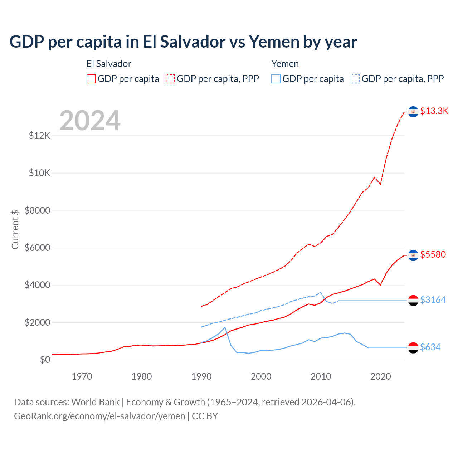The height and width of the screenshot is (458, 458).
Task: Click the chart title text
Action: pyautogui.click(x=183, y=42)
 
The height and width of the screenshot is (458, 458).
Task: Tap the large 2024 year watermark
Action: pyautogui.click(x=90, y=121)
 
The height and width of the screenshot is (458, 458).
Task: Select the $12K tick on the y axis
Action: pyautogui.click(x=40, y=136)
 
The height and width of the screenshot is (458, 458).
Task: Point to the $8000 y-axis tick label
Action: pyautogui.click(x=38, y=210)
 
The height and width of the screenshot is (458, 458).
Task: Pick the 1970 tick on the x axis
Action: pyautogui.click(x=82, y=376)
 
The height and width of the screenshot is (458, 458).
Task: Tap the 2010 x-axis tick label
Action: pyautogui.click(x=321, y=376)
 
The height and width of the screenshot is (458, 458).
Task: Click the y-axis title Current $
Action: pyautogui.click(x=15, y=229)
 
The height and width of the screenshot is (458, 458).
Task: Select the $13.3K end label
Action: pyautogui.click(x=434, y=111)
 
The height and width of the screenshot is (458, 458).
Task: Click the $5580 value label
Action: pyautogui.click(x=433, y=254)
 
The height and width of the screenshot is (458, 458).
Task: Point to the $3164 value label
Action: pyautogui.click(x=433, y=300)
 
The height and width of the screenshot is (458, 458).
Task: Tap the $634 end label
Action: pyautogui.click(x=430, y=347)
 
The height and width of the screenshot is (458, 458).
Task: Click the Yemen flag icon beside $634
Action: pyautogui.click(x=413, y=347)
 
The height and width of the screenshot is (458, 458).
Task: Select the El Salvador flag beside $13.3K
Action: pyautogui.click(x=413, y=112)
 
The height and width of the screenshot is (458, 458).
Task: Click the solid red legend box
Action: pyautogui.click(x=91, y=79)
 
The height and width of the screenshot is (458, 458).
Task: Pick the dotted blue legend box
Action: pyautogui.click(x=355, y=79)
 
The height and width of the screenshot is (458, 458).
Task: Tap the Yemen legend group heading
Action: pyautogui.click(x=285, y=64)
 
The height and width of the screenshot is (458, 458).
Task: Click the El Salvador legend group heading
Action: pyautogui.click(x=109, y=64)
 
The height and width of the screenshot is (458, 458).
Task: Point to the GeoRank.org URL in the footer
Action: pyautogui.click(x=99, y=416)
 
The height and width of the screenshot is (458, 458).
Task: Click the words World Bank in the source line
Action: pyautogui.click(x=95, y=402)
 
